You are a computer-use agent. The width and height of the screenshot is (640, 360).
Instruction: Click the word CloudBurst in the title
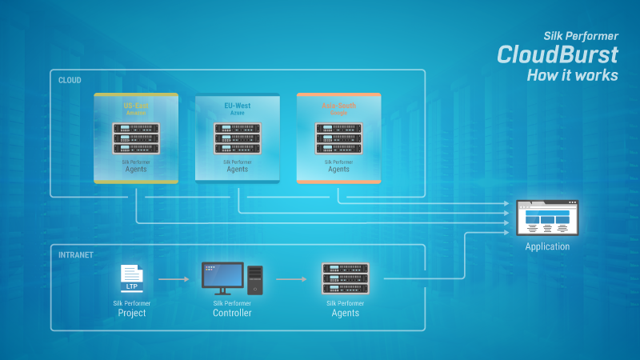(x=558, y=54)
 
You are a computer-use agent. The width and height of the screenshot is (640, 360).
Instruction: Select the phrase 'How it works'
(x=572, y=75)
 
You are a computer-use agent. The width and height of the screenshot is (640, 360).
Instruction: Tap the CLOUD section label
(x=70, y=80)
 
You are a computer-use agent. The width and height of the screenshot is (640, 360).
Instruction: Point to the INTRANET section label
(x=76, y=254)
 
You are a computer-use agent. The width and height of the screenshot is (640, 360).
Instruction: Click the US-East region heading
(x=136, y=106)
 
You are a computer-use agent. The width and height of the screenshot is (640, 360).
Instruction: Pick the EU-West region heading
(x=238, y=106)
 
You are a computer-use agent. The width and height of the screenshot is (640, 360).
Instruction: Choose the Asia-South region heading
(x=338, y=106)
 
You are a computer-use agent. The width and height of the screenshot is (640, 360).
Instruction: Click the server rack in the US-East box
(x=136, y=138)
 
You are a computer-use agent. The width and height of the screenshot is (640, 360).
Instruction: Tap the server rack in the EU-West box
(x=238, y=138)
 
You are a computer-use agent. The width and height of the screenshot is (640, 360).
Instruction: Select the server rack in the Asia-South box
(x=338, y=138)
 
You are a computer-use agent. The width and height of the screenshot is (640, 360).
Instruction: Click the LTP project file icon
(x=131, y=279)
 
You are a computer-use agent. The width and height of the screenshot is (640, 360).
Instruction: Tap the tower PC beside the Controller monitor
(x=254, y=280)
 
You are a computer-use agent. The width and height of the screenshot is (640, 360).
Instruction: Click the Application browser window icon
(x=547, y=217)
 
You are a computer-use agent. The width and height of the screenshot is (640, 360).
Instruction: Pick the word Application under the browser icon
(x=547, y=246)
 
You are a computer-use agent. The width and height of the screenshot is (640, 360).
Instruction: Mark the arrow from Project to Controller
(x=174, y=280)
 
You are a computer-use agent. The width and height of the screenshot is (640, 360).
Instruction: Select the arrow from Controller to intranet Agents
(x=292, y=280)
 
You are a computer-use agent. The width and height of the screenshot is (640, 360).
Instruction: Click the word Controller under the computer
(x=232, y=313)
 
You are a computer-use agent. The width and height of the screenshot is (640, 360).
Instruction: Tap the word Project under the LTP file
(x=131, y=313)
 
